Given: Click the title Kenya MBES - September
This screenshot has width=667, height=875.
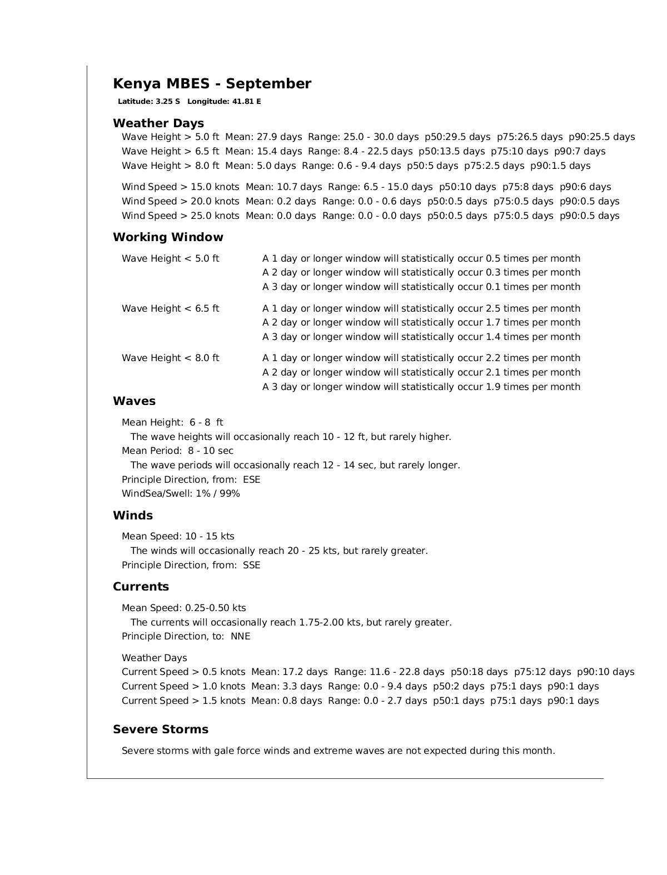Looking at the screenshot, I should pyautogui.click(x=212, y=84).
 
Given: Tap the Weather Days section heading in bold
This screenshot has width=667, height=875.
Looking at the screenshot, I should pyautogui.click(x=158, y=123).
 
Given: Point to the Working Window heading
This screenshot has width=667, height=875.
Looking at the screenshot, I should pyautogui.click(x=168, y=237).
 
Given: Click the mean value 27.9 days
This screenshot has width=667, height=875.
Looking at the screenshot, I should pyautogui.click(x=280, y=137).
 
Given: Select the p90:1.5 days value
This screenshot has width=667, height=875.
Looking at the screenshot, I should pyautogui.click(x=560, y=166).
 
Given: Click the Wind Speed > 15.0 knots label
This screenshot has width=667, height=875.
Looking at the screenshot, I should pyautogui.click(x=181, y=187).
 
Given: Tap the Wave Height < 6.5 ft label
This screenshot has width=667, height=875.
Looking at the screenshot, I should pyautogui.click(x=171, y=308).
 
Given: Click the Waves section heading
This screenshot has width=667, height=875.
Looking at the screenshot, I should pyautogui.click(x=134, y=401).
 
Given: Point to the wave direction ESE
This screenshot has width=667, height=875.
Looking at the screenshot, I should pyautogui.click(x=252, y=479).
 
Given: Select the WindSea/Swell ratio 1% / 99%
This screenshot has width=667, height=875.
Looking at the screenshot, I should pyautogui.click(x=218, y=494).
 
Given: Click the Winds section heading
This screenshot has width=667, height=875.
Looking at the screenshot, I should pyautogui.click(x=133, y=516).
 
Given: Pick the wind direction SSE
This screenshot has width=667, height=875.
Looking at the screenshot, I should pyautogui.click(x=252, y=566).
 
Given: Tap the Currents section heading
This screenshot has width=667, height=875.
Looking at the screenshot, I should pyautogui.click(x=141, y=587).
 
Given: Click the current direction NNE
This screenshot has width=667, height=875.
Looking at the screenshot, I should pyautogui.click(x=241, y=637).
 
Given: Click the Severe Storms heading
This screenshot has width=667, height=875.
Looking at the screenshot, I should pyautogui.click(x=161, y=729).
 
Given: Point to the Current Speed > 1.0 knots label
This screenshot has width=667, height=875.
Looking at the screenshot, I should pyautogui.click(x=183, y=687).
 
